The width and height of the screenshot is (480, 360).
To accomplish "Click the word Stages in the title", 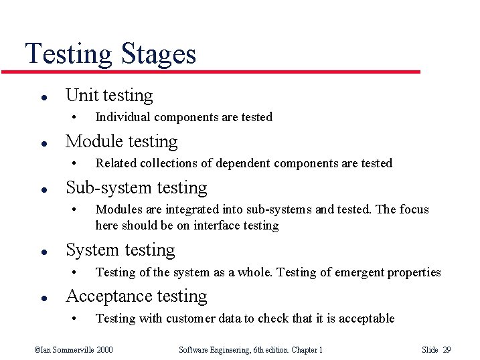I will [159, 54].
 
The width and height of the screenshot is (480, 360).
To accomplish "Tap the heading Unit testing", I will [109, 96].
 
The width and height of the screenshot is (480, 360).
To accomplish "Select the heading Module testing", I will [121, 141].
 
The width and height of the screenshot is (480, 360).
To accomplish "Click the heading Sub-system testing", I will [136, 187].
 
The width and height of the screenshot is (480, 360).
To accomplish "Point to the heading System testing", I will [120, 250].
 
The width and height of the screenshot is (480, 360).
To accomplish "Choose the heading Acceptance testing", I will [136, 296].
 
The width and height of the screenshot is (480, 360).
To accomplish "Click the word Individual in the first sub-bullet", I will [123, 117].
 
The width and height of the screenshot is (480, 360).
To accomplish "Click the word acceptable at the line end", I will [366, 319].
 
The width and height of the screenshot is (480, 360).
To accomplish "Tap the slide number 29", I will [447, 349].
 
